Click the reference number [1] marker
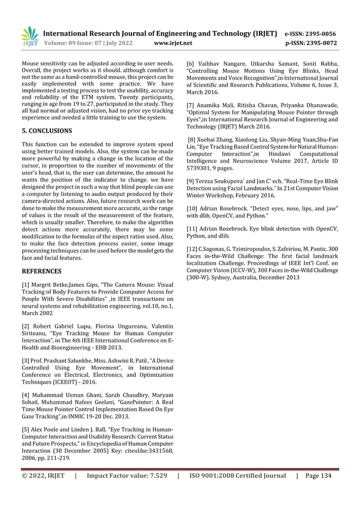coord(25,285)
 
